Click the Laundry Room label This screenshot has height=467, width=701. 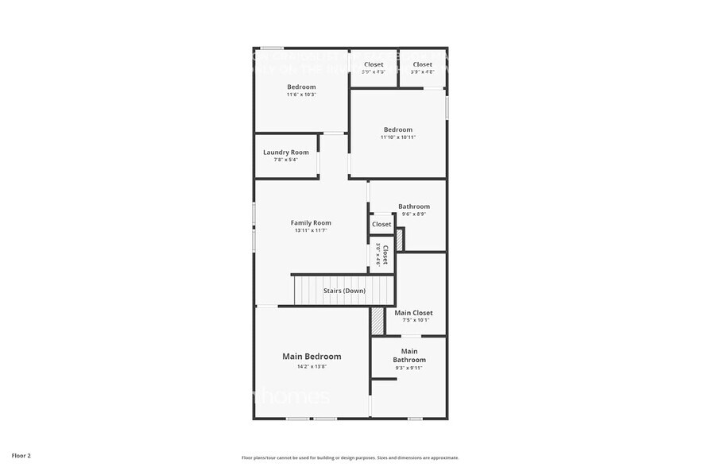point(286,152)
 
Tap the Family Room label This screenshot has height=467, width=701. point(311,222)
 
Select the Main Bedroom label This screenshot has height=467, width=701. point(312,357)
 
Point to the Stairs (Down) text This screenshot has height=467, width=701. point(344,291)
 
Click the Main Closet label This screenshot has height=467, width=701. point(413,313)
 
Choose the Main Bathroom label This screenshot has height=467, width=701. point(409,355)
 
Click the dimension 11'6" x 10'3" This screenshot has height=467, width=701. point(301,95)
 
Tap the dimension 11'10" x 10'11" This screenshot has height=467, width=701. point(398,137)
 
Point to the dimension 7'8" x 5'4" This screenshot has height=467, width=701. point(286,160)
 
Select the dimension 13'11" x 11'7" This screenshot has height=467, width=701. point(311,230)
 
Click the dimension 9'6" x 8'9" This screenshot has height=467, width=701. point(414,214)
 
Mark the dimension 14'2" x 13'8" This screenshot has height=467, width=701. point(312,366)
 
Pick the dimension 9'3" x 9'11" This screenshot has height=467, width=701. point(409,368)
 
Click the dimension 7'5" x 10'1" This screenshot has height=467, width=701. point(413,320)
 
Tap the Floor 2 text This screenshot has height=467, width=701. point(21,456)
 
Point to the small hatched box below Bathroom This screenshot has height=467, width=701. point(401,240)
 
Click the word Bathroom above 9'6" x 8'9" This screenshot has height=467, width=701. point(414,206)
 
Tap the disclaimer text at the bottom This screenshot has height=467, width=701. point(350,457)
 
